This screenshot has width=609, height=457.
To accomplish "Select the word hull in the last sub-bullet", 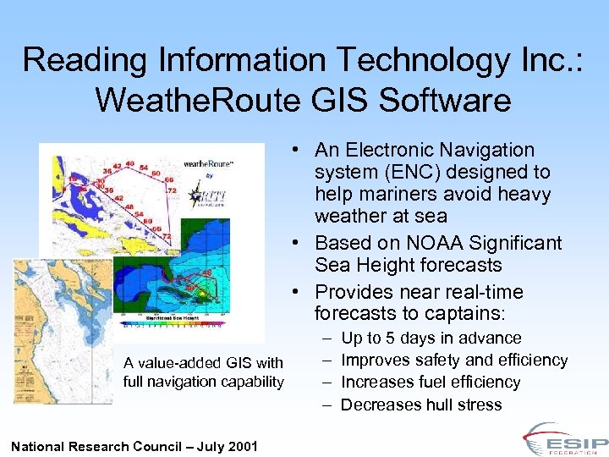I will [438, 405].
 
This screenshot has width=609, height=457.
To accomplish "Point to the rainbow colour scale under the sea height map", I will [173, 323].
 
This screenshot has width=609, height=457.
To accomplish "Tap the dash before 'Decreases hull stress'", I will [326, 405].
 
